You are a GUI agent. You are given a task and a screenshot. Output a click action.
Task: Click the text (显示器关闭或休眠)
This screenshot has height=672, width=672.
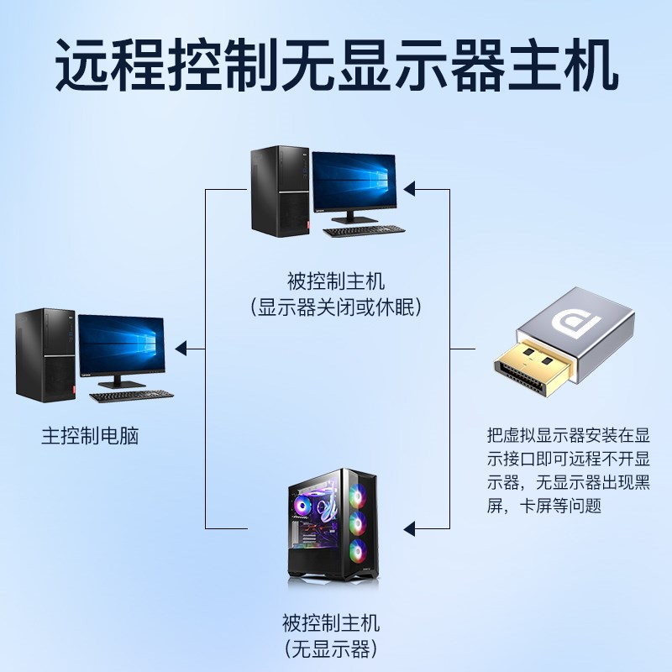pyautogui.click(x=335, y=307)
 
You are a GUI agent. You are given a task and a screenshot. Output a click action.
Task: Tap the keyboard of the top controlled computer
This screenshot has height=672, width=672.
pyautogui.click(x=364, y=231)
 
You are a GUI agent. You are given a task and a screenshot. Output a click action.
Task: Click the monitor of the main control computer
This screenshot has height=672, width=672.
pyautogui.click(x=121, y=346)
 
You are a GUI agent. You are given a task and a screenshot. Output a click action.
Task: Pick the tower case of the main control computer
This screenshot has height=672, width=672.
pyautogui.click(x=42, y=354)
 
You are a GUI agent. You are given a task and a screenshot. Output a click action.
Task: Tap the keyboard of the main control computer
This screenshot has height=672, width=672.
pyautogui.click(x=132, y=396)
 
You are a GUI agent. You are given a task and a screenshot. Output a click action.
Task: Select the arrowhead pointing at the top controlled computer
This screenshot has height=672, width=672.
pyautogui.click(x=411, y=188)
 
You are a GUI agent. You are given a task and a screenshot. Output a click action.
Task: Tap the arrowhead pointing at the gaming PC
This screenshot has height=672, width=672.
pyautogui.click(x=411, y=528)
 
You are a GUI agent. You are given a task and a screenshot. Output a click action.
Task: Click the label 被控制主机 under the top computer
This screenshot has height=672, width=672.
pyautogui.click(x=335, y=281)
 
